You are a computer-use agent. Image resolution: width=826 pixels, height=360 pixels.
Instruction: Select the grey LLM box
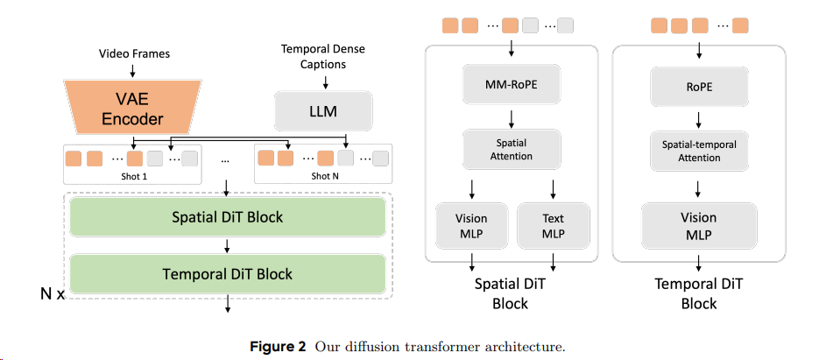click(x=323, y=111)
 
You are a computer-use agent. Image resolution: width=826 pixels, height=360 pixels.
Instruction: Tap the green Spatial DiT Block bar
click(x=227, y=216)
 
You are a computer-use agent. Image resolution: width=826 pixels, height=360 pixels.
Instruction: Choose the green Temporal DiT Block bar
click(x=227, y=273)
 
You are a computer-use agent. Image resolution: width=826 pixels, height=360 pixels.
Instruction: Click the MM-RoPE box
click(x=511, y=87)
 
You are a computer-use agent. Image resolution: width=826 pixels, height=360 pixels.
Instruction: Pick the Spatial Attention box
click(x=511, y=150)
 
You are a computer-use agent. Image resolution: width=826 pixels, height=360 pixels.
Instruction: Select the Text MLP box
click(x=553, y=225)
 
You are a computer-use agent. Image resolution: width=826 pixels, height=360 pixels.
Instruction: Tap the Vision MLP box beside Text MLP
click(x=471, y=225)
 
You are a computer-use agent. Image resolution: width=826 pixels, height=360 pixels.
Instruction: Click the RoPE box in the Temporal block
click(x=698, y=87)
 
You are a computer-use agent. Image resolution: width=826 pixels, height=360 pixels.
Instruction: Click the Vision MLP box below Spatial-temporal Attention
click(x=698, y=225)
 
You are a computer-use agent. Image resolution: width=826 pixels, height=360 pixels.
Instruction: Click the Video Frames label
click(x=133, y=53)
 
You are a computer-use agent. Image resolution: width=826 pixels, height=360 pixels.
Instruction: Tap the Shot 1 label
click(x=132, y=175)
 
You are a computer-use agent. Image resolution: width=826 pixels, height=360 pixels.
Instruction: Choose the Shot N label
click(x=321, y=175)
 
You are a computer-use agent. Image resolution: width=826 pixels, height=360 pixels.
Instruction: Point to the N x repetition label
click(x=53, y=294)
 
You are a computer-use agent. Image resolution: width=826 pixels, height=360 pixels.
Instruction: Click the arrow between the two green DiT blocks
click(x=227, y=245)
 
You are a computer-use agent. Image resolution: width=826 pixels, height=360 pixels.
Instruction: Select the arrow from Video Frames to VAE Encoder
click(x=133, y=69)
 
